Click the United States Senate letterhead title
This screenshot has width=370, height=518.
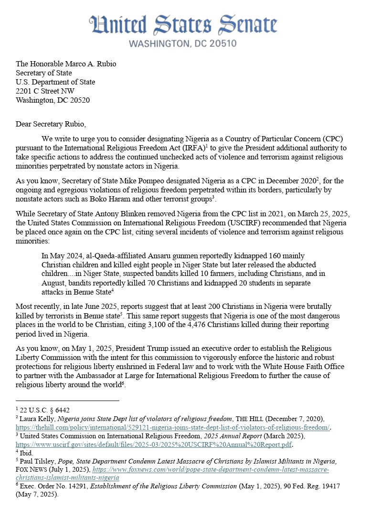pyautogui.click(x=183, y=25)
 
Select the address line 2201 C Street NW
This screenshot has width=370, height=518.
pyautogui.click(x=45, y=91)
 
